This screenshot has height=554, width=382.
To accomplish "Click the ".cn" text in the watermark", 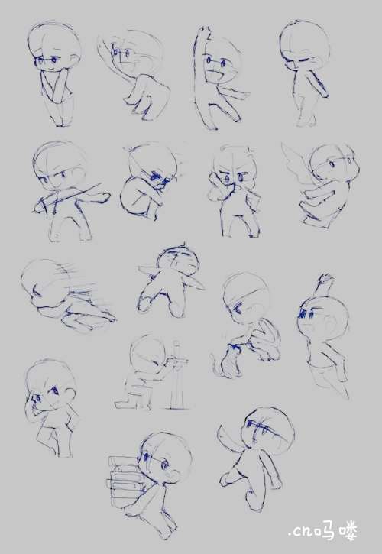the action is point(299,531).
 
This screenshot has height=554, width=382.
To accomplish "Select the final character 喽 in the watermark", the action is point(348,531).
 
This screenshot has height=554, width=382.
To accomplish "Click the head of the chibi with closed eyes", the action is point(305,46).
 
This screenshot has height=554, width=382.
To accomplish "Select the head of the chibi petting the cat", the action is point(246,299).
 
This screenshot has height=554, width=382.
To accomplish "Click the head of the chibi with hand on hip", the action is point(50,385).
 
